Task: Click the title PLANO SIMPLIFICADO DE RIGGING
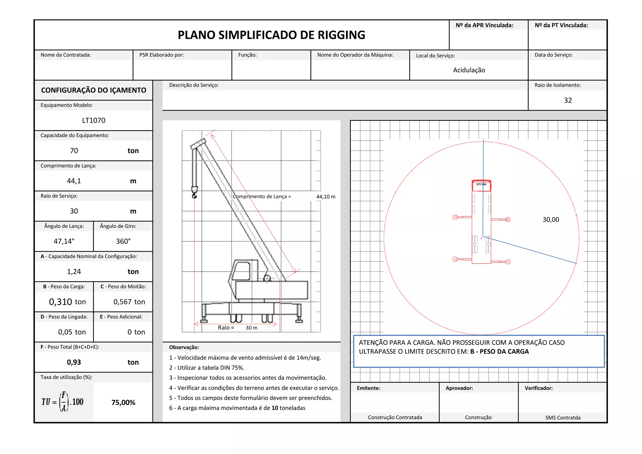coord(271,35)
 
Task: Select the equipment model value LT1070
coord(93,120)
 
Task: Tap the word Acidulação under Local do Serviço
coord(469,70)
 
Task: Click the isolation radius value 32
coord(568,100)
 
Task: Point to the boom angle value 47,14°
coord(64,241)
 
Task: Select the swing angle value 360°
coord(123,241)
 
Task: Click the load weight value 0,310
coord(61,302)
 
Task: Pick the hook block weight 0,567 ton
coord(129,302)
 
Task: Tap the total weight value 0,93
coord(74,362)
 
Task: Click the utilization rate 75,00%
coord(123,403)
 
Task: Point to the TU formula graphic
coord(63,402)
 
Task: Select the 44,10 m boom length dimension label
coord(326,197)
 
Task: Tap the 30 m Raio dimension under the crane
coord(251,328)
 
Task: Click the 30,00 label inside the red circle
coord(551,220)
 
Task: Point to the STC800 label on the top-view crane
coord(481,184)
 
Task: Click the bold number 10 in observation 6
coord(275,408)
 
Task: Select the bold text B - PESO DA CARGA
coord(499,352)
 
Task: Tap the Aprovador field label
coord(459,388)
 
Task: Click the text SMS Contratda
coord(563,418)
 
